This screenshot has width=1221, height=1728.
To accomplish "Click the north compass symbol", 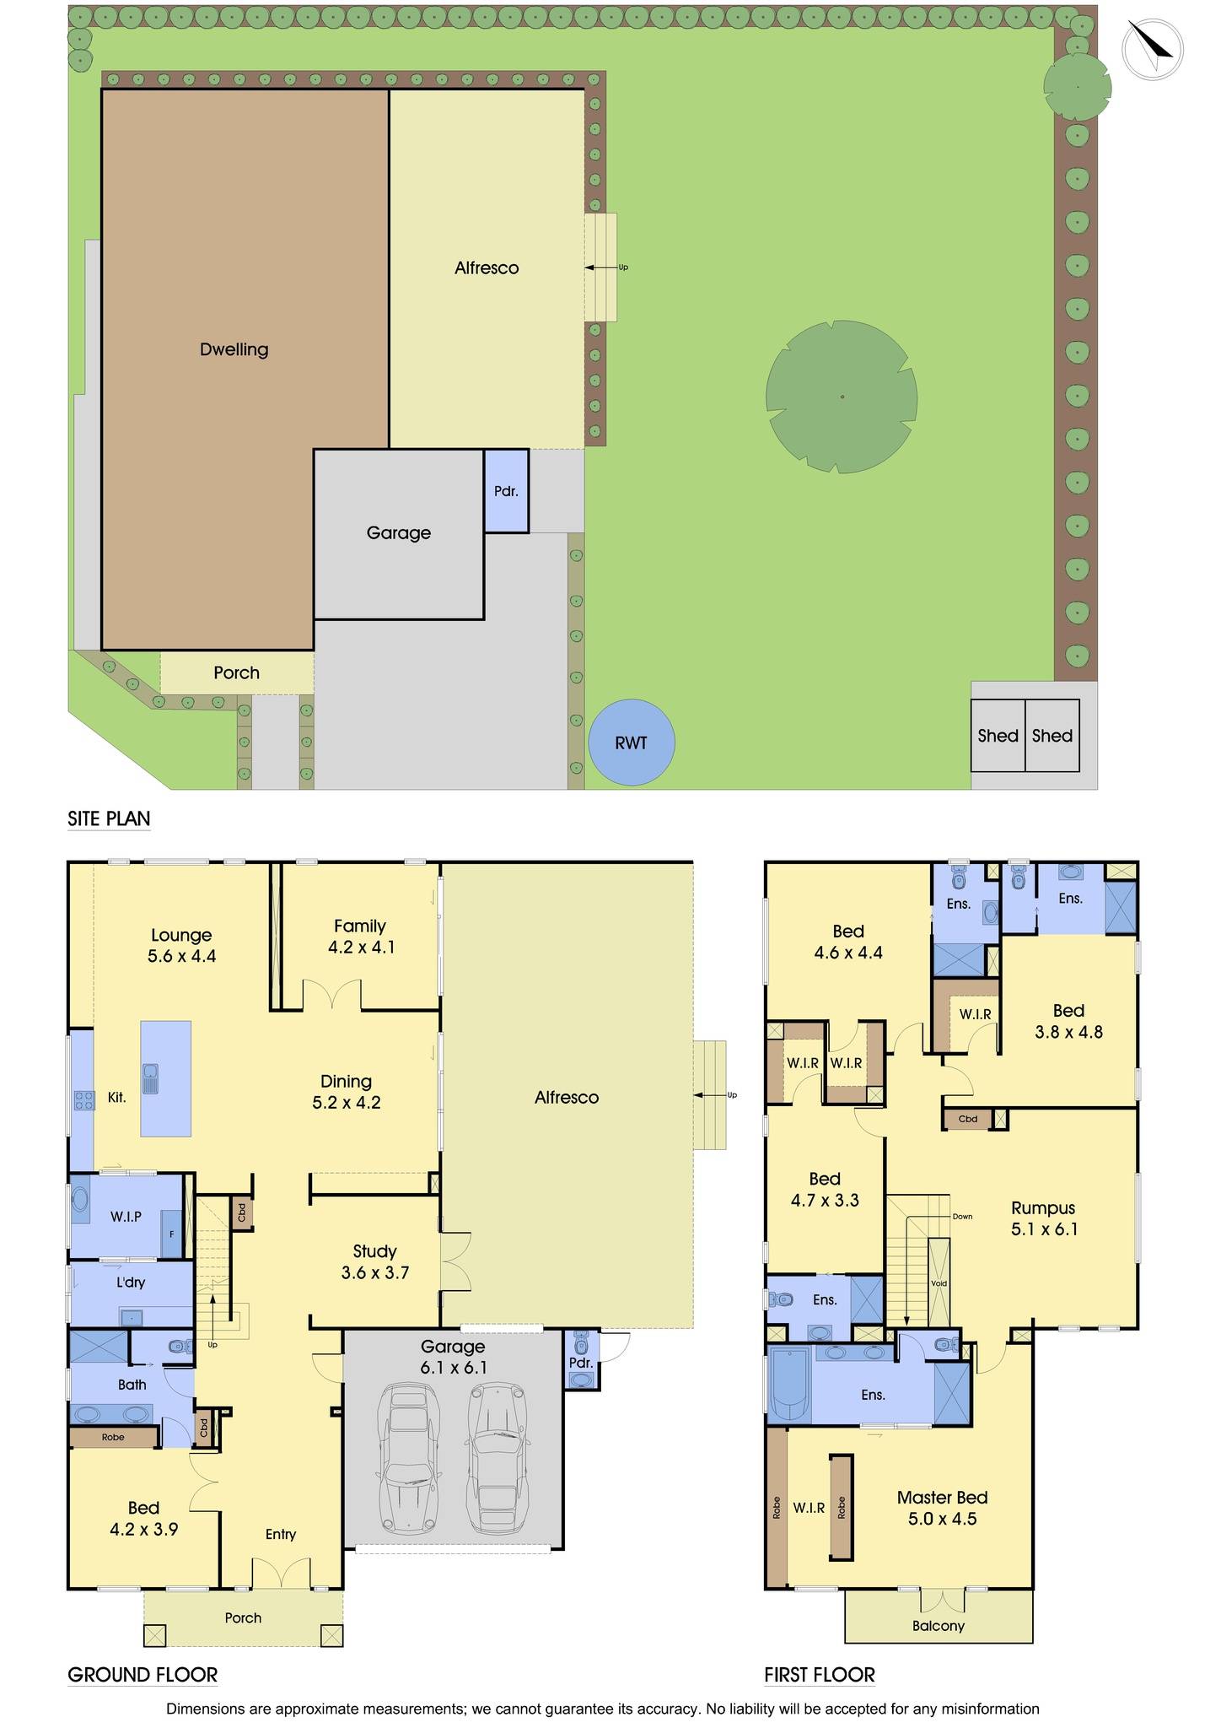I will coord(1152,50).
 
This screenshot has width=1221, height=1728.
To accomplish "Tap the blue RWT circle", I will coord(631,742).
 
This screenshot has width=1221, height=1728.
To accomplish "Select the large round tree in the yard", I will coord(841,397).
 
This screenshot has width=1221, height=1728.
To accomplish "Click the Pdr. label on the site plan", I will coord(506,491).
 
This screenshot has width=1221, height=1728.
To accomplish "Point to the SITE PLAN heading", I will coord(109,818).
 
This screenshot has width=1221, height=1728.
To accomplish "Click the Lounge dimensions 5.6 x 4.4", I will coord(181,956).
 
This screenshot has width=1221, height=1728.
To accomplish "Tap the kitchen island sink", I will coord(151,1077).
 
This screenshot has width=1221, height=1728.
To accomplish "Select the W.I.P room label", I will coord(126,1216).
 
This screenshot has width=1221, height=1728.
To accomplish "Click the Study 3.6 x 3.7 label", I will coord(374,1262).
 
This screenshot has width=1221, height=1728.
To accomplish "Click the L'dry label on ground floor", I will coord(131,1282).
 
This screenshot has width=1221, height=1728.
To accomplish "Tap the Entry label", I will coord(281,1534).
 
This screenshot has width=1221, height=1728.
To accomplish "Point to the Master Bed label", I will coord(942,1498).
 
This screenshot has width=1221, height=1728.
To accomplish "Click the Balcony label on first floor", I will coord(938,1626).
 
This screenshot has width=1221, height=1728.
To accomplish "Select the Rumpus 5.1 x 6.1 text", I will coord(1043,1218).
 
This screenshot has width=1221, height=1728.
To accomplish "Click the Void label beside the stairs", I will coord(939,1283).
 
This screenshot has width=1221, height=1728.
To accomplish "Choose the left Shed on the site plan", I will coord(998,736).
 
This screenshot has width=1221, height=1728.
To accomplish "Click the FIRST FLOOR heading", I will coord(819,1675).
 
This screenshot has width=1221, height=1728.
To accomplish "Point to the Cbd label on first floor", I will coord(968,1119).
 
